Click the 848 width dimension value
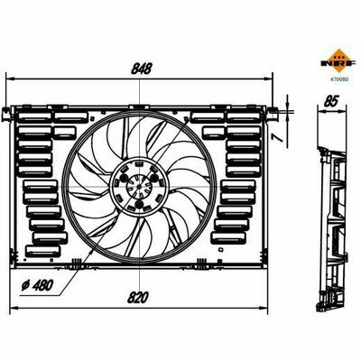[141, 69]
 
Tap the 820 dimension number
[138, 298]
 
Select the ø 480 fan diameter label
[37, 285]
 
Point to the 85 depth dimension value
[332, 100]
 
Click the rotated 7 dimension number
[279, 137]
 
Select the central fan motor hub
[138, 187]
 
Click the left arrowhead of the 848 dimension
[10, 79]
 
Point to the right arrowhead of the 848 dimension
[268, 79]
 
